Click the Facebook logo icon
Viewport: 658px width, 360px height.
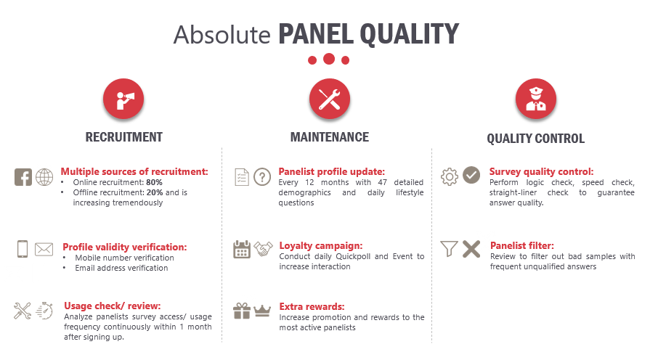tap(23, 177)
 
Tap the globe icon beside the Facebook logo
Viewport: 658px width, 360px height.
tap(44, 177)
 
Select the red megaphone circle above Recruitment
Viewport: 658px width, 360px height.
tap(123, 99)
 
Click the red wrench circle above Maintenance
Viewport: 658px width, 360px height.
tap(330, 99)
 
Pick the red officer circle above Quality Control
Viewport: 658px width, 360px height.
tap(536, 99)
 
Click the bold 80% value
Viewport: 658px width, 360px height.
tap(155, 182)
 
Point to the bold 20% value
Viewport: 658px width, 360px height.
tap(155, 192)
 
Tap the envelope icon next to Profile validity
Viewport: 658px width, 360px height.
tap(44, 249)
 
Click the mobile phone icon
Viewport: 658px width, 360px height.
tap(23, 249)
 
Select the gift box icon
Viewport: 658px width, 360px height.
tap(242, 311)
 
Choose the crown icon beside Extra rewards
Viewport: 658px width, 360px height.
tap(262, 311)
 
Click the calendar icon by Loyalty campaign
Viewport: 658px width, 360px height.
tap(242, 249)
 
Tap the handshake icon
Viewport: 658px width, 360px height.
tap(263, 249)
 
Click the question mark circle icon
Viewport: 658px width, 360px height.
tap(262, 176)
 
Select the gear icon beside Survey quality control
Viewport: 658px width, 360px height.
tap(450, 176)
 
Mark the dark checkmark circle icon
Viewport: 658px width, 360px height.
tap(471, 175)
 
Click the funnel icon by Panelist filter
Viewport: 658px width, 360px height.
tap(449, 248)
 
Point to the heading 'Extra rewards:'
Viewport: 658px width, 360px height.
tap(312, 307)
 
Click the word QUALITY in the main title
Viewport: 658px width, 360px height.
tap(410, 34)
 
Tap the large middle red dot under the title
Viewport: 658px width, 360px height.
tap(329, 59)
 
